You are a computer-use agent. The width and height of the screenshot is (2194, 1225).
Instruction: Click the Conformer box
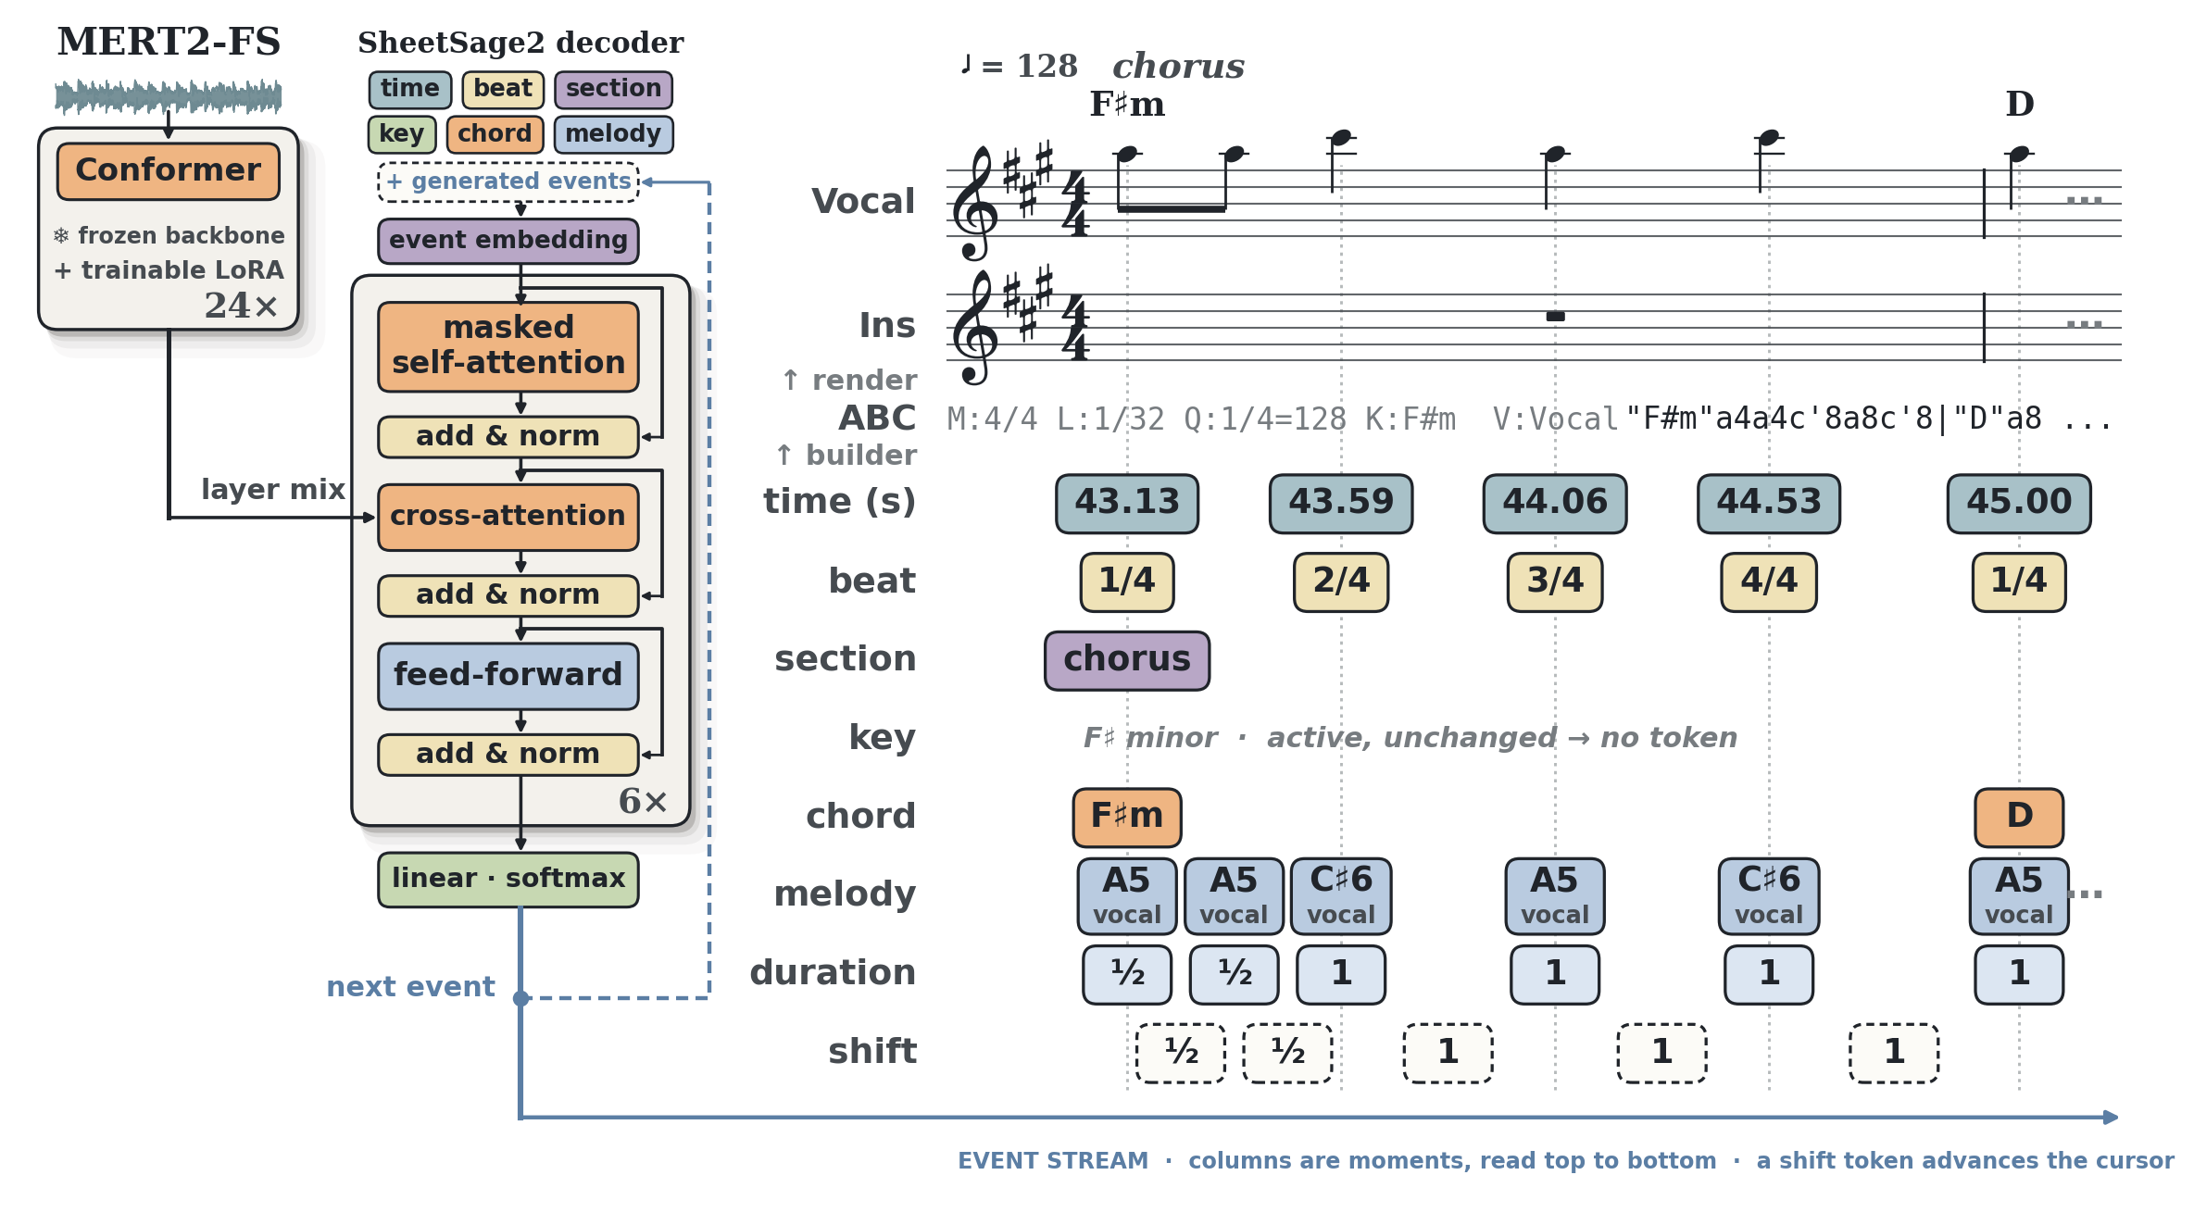click(x=168, y=171)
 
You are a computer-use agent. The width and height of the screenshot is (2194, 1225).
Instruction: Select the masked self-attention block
click(x=508, y=346)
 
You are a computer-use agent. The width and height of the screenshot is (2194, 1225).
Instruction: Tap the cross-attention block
click(x=508, y=517)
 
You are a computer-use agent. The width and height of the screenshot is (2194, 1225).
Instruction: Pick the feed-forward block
click(x=508, y=676)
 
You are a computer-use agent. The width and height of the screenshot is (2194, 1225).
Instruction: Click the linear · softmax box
click(x=508, y=879)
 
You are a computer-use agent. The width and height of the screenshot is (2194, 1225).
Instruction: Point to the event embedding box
click(x=508, y=241)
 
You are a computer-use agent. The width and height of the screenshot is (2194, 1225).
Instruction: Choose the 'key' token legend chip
click(x=401, y=134)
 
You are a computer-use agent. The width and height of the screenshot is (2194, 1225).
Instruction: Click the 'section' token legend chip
click(x=613, y=90)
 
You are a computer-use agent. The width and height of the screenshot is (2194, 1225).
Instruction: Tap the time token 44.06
click(x=1554, y=504)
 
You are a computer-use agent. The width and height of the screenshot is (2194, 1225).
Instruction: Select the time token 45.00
click(x=2018, y=504)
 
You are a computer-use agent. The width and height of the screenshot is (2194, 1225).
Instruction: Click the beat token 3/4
click(x=1554, y=582)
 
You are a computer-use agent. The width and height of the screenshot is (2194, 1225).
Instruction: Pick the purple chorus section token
click(x=1126, y=661)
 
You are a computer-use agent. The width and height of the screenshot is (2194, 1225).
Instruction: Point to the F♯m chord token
click(x=1126, y=818)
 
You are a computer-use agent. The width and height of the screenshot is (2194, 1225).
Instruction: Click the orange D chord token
click(x=2018, y=818)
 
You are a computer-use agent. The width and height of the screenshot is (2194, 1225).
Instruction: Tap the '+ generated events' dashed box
click(x=508, y=182)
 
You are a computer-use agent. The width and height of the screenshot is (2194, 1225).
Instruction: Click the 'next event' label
click(x=410, y=987)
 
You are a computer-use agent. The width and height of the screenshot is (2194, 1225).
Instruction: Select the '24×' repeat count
click(x=241, y=306)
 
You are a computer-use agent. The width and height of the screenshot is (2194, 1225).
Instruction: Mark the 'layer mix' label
click(x=272, y=490)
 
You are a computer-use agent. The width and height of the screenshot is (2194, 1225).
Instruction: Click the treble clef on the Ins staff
click(x=976, y=328)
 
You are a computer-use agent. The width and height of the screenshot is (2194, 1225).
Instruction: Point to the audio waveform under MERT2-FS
click(x=168, y=96)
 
